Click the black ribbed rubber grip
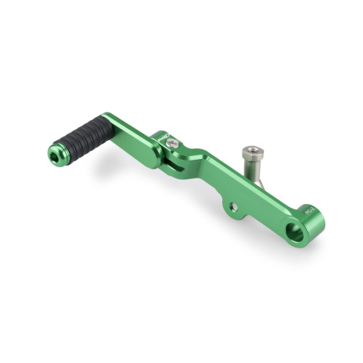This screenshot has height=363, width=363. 86,136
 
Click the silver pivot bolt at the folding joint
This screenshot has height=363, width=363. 172,144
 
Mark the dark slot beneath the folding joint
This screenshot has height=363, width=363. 168,168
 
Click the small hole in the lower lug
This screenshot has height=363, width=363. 234,207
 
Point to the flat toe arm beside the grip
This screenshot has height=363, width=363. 131,134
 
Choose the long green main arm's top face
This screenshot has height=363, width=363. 240,185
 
